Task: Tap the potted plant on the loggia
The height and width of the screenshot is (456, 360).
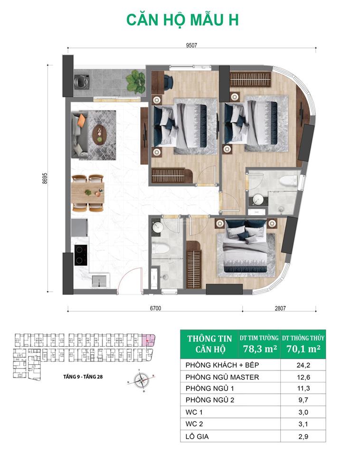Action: pyautogui.click(x=135, y=81)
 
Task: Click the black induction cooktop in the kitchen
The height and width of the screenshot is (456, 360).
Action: pyautogui.click(x=81, y=255)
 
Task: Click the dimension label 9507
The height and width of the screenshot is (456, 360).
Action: pyautogui.click(x=191, y=46)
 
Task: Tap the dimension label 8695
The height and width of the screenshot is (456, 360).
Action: pyautogui.click(x=45, y=178)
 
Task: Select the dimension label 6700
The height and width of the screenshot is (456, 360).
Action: pyautogui.click(x=155, y=308)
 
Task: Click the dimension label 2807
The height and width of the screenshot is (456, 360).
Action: pyautogui.click(x=280, y=308)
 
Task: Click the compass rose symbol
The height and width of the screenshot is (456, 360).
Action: pyautogui.click(x=142, y=380)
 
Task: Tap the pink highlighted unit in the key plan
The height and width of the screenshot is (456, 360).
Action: pyautogui.click(x=148, y=340)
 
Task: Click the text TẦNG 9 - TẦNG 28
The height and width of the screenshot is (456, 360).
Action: pyautogui.click(x=83, y=377)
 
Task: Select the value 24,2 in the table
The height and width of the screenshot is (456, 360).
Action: pyautogui.click(x=303, y=365)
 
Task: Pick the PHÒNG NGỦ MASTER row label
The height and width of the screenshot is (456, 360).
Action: pyautogui.click(x=222, y=377)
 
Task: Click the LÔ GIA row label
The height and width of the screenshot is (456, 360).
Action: pyautogui.click(x=197, y=437)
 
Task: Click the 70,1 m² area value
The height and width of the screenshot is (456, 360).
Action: pyautogui.click(x=303, y=349)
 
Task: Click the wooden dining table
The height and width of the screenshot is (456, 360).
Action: pyautogui.click(x=87, y=192)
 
